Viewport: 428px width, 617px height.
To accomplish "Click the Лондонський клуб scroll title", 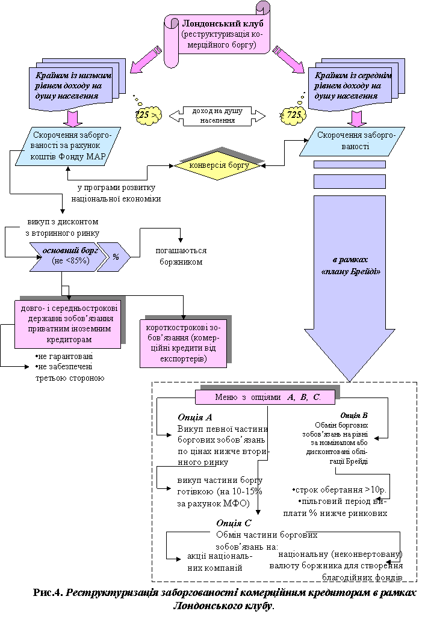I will coord(223,23).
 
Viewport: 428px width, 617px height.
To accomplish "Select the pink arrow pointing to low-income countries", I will coord(146,60).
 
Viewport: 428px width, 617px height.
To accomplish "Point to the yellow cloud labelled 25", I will coord(149,114).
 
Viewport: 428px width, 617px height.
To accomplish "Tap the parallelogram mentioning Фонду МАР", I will coord(68,146).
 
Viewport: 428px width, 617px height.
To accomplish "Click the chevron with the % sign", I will coord(116,257).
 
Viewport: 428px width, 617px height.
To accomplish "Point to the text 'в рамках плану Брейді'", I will coord(350,265).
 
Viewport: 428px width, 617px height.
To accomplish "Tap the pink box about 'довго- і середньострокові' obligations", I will coord(67,324).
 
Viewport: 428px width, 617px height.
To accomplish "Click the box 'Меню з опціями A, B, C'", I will coord(265,398).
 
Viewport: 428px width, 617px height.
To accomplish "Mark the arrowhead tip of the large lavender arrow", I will coord(350,379).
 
